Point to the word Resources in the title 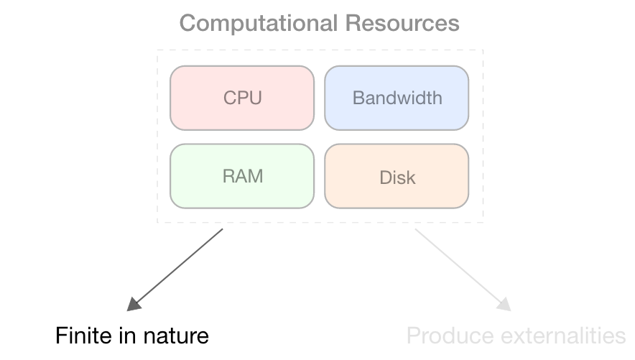click(x=402, y=23)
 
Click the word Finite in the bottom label click(x=79, y=336)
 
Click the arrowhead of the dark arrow click(x=134, y=305)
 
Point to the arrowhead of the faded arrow click(x=504, y=305)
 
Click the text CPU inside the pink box click(x=242, y=98)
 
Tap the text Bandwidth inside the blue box click(x=397, y=98)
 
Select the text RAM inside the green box click(x=242, y=176)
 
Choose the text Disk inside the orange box click(x=397, y=177)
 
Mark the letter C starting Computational click(x=187, y=23)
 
